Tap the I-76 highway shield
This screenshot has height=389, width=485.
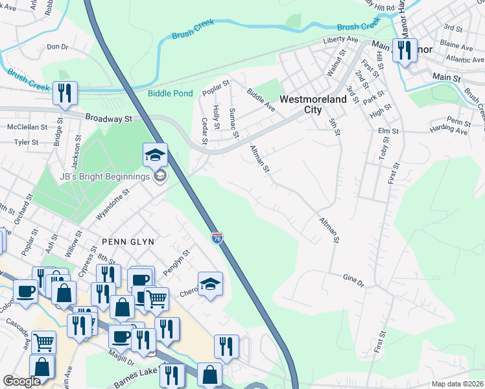point(218,239)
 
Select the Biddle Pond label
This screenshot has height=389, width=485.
point(171,93)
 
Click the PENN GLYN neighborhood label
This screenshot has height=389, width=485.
point(128,241)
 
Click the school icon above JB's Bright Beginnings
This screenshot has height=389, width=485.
point(156,156)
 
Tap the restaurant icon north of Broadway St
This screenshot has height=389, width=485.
point(65,93)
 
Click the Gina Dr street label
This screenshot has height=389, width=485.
point(354,279)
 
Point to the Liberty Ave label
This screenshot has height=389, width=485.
point(341,40)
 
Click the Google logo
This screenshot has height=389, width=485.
point(21,381)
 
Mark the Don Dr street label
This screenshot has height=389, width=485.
point(58,47)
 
